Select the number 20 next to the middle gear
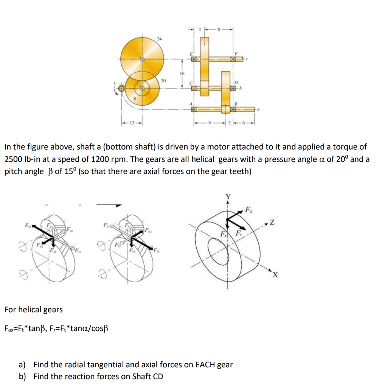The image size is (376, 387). [x=163, y=81]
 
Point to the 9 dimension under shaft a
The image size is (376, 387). [x=213, y=124]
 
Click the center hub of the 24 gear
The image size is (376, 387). [x=142, y=59]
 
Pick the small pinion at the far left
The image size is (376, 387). [x=121, y=88]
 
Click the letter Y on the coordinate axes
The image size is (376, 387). [x=228, y=197]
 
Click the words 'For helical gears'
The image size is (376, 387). [x=33, y=310]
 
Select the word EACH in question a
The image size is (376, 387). [x=205, y=365]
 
